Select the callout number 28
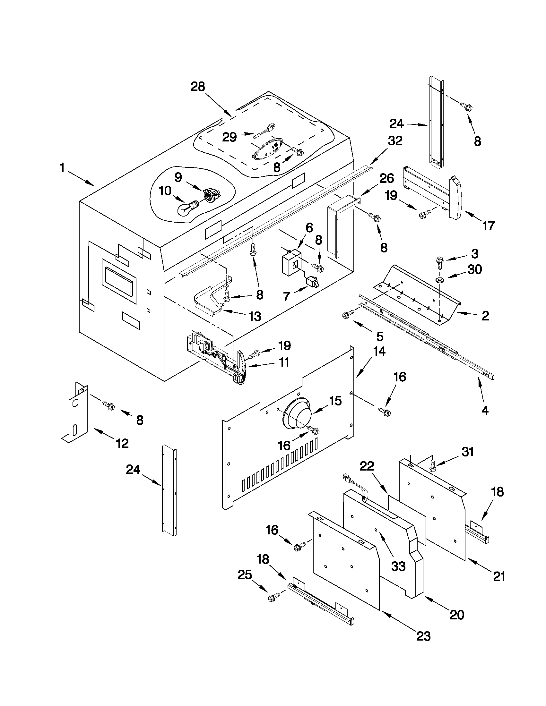click(x=198, y=87)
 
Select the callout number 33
click(x=398, y=566)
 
